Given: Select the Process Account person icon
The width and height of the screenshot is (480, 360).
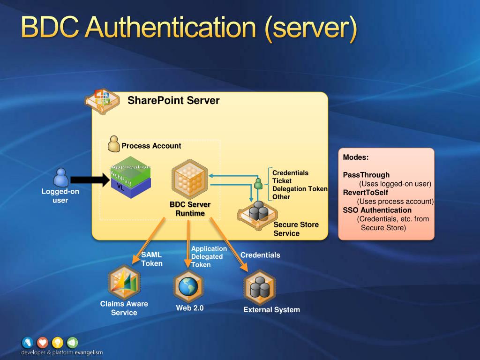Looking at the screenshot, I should pyautogui.click(x=114, y=144).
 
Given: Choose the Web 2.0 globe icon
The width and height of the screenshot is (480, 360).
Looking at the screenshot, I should pyautogui.click(x=188, y=286).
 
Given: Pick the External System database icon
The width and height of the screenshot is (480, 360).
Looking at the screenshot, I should pyautogui.click(x=260, y=287).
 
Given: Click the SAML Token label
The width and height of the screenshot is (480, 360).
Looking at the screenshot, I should pyautogui.click(x=152, y=259).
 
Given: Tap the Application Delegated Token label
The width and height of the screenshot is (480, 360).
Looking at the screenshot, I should pyautogui.click(x=209, y=256).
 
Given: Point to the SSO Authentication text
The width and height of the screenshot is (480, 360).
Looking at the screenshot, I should pyautogui.click(x=377, y=210).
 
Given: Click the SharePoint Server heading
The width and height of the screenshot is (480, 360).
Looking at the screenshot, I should pyautogui.click(x=173, y=100).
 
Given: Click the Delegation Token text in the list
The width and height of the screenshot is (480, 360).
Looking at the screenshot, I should pyautogui.click(x=300, y=189).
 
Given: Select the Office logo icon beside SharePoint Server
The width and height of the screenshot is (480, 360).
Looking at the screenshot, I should pyautogui.click(x=101, y=99).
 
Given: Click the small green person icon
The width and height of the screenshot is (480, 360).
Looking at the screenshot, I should pyautogui.click(x=258, y=183).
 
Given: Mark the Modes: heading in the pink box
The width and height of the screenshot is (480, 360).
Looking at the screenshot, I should pyautogui.click(x=356, y=157).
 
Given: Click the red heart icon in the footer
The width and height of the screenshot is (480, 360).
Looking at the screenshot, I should pyautogui.click(x=42, y=342).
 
